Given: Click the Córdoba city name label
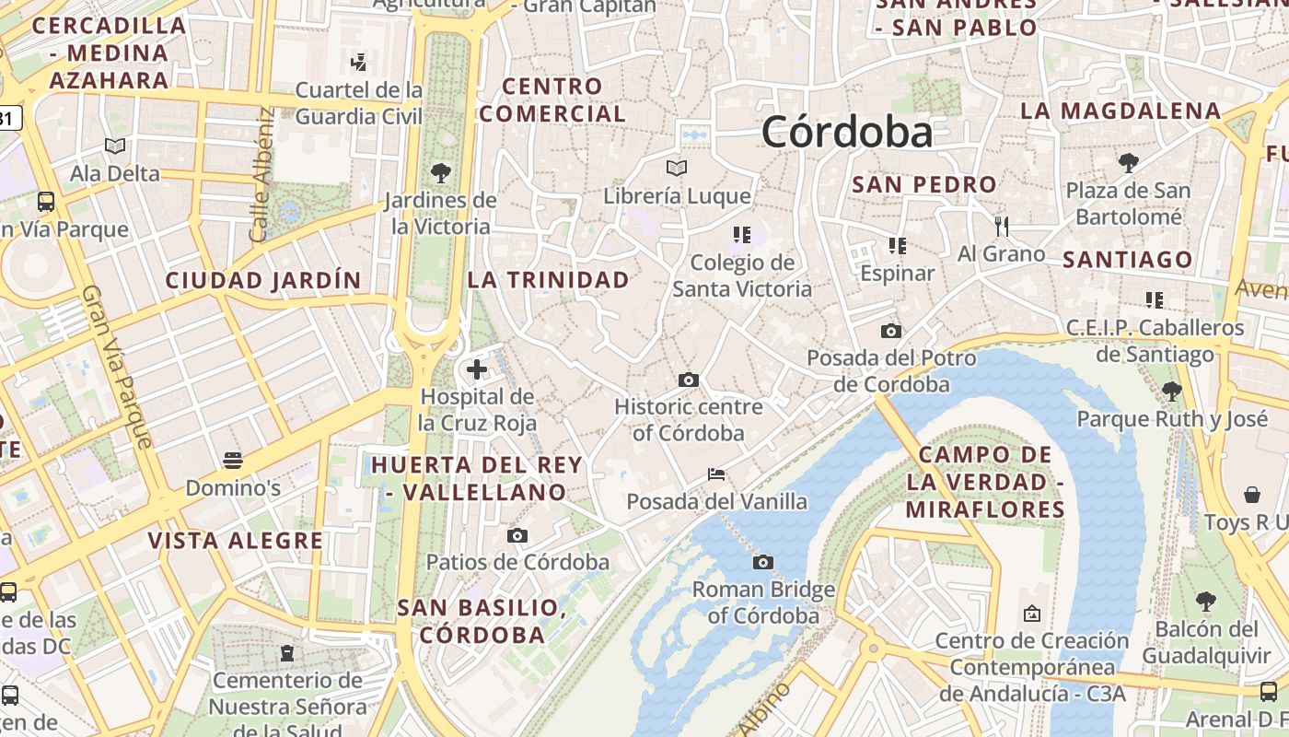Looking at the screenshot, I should [x=846, y=132].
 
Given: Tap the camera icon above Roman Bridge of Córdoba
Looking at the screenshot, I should [x=762, y=562].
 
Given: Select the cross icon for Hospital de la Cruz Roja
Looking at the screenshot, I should [x=477, y=369].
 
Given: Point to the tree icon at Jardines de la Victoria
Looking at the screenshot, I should [x=440, y=172].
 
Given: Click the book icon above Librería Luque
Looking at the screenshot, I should [x=677, y=169].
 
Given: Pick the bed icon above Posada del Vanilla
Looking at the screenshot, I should [x=716, y=474].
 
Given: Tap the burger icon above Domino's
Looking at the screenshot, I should [x=233, y=460].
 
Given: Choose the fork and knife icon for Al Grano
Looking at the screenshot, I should [x=1002, y=226].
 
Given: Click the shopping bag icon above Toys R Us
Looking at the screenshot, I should [x=1251, y=495].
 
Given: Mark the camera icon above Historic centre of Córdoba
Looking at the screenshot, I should [x=688, y=380].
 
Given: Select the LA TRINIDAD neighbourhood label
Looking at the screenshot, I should [x=549, y=279].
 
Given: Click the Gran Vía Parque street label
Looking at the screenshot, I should [x=117, y=367].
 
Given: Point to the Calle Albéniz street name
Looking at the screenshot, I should [x=262, y=175].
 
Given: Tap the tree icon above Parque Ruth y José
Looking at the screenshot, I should [x=1171, y=392].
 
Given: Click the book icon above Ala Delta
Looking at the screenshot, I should [x=115, y=146].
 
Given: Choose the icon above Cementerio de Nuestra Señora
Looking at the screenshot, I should [x=287, y=653].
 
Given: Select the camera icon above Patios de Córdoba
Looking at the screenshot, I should [x=517, y=535].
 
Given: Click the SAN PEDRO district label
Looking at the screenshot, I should [x=923, y=184].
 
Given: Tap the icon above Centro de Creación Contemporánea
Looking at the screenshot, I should [x=1031, y=613].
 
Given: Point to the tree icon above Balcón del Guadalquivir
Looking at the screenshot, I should [x=1205, y=602].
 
